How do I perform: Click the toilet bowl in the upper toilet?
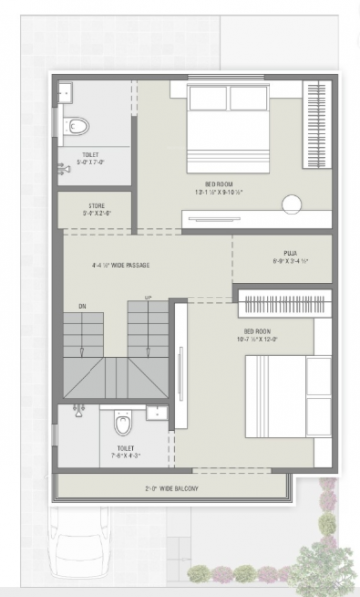click(x=79, y=126)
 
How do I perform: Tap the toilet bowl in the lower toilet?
click(x=123, y=424)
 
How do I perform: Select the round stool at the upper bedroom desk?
click(x=292, y=204)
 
